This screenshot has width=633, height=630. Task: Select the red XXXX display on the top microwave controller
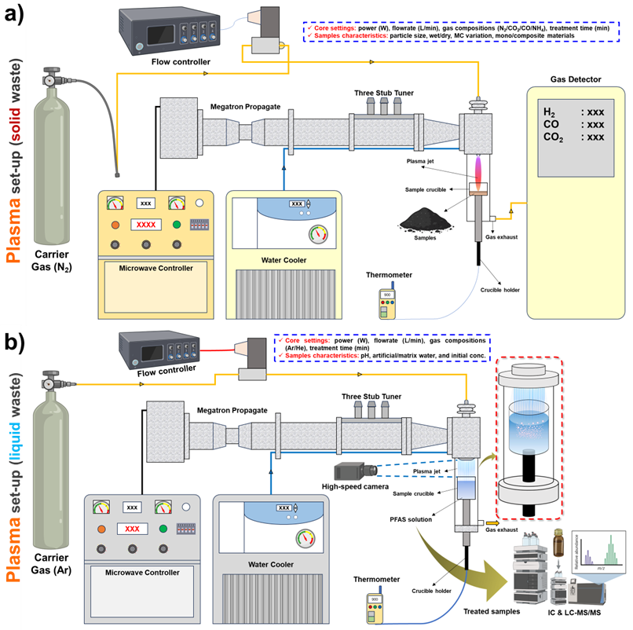click(145, 225)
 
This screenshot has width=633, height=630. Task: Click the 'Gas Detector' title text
click(572, 80)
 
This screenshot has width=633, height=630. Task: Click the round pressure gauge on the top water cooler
click(319, 234)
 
